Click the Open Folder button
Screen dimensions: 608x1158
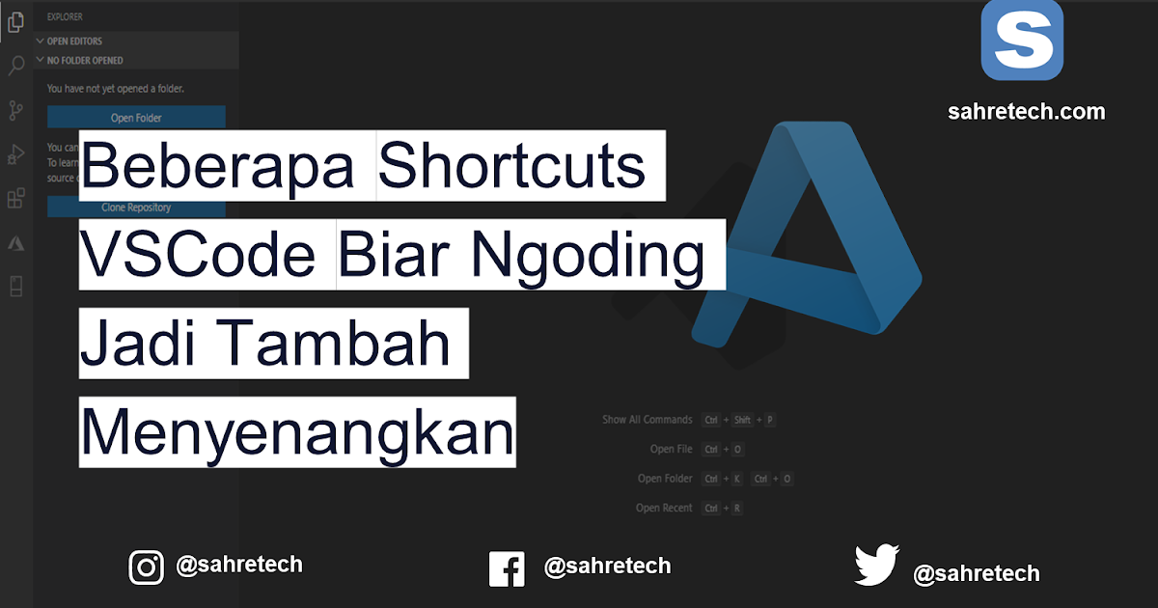click(x=136, y=118)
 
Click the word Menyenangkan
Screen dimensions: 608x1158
click(x=297, y=432)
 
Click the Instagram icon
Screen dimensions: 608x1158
click(x=146, y=567)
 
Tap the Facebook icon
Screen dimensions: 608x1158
click(x=507, y=568)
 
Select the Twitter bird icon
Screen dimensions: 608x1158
click(x=876, y=567)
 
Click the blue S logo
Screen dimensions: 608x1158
click(x=1022, y=40)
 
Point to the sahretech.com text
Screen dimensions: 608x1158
click(x=1026, y=112)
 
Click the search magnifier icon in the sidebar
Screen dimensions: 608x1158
click(x=15, y=66)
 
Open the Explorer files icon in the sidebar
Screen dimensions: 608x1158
click(x=15, y=21)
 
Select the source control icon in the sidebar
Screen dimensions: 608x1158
click(x=15, y=110)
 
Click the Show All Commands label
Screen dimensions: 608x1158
click(x=647, y=420)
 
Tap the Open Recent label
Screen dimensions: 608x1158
click(x=664, y=508)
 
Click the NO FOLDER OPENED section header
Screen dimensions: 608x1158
click(x=85, y=60)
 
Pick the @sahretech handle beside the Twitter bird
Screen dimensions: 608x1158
click(x=976, y=573)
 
